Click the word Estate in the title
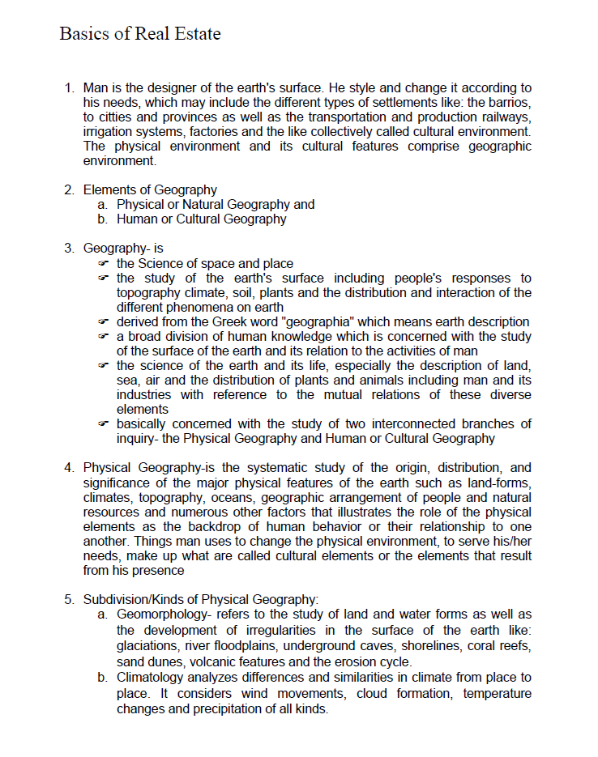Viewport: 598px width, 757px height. [x=194, y=34]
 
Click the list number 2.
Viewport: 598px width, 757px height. [x=68, y=190]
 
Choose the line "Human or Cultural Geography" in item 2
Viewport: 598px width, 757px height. [x=201, y=219]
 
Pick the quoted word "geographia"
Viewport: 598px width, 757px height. [x=348, y=322]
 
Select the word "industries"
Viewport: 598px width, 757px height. [x=143, y=395]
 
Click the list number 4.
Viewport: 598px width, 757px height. [x=68, y=468]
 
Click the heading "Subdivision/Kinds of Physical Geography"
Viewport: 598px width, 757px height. [x=200, y=600]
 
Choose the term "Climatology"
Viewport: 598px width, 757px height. [x=151, y=678]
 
